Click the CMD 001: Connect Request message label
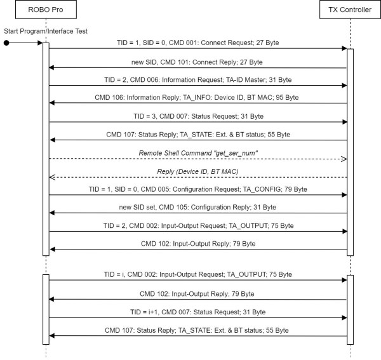coord(197,43)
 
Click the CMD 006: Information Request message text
coord(197,79)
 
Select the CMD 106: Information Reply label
coord(197,97)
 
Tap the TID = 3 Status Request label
coord(197,116)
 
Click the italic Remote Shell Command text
coord(197,152)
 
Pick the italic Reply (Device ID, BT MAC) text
coord(197,171)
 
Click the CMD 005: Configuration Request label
coord(197,189)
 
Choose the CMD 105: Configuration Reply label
coord(197,207)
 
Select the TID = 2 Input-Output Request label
coord(197,225)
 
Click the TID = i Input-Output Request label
coord(197,274)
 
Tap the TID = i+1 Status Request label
coord(197,311)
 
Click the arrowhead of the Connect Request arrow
coord(344,49)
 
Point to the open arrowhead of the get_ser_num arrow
coord(344,159)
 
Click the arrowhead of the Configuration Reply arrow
coord(53,213)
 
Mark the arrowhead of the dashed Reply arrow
coord(53,177)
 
